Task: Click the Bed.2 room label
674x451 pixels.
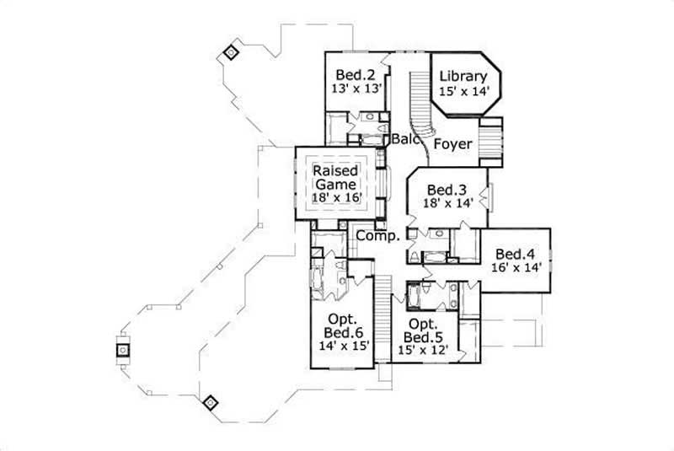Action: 355,72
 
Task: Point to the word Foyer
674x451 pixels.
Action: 452,144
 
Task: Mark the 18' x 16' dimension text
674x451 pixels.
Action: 337,197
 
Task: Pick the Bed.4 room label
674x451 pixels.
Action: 515,254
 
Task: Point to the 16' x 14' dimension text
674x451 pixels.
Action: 515,268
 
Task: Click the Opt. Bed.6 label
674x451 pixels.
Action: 341,327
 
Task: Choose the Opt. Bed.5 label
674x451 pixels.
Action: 423,331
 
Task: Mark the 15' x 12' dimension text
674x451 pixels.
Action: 423,346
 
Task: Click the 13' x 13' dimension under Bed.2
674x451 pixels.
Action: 355,87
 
